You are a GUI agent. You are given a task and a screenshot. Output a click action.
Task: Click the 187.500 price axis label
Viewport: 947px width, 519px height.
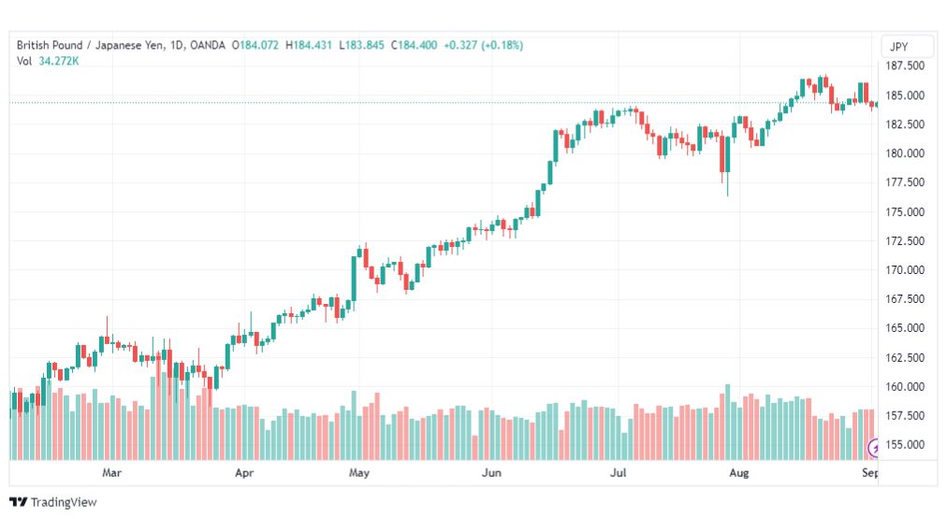pyautogui.click(x=905, y=65)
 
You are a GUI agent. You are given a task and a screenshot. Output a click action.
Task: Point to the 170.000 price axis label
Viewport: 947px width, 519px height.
pyautogui.click(x=905, y=269)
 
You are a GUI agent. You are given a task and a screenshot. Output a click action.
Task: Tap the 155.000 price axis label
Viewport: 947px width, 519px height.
pyautogui.click(x=905, y=445)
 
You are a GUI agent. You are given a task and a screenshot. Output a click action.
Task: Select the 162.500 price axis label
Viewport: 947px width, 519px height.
pyautogui.click(x=905, y=357)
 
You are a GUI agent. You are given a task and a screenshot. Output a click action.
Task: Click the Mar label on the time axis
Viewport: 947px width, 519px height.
pyautogui.click(x=111, y=472)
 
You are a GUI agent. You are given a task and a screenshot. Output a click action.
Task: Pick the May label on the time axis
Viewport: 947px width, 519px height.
pyautogui.click(x=359, y=472)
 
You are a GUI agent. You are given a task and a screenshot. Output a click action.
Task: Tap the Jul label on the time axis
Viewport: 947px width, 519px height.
pyautogui.click(x=618, y=472)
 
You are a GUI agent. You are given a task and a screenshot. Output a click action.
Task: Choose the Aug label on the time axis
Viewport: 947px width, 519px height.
pyautogui.click(x=738, y=472)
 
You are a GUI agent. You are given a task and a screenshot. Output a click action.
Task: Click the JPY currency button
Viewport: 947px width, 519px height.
pyautogui.click(x=899, y=47)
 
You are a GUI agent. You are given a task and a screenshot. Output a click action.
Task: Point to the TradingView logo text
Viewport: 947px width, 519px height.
pyautogui.click(x=64, y=502)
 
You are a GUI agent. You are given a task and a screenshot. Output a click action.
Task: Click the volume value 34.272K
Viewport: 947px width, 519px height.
pyautogui.click(x=59, y=61)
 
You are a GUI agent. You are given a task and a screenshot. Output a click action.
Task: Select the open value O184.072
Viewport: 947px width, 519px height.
pyautogui.click(x=255, y=45)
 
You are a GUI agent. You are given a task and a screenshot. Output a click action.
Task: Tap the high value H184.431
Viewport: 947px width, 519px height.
pyautogui.click(x=309, y=45)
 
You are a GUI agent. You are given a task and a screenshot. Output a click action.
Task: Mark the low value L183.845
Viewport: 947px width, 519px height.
pyautogui.click(x=361, y=45)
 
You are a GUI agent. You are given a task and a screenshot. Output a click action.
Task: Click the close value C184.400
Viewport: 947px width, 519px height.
pyautogui.click(x=414, y=45)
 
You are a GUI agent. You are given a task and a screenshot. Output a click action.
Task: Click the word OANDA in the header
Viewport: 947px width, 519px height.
pyautogui.click(x=207, y=45)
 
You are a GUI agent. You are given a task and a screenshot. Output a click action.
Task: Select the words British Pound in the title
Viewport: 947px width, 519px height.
pyautogui.click(x=50, y=45)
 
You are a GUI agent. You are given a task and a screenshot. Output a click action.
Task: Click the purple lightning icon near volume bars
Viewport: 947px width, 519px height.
pyautogui.click(x=874, y=448)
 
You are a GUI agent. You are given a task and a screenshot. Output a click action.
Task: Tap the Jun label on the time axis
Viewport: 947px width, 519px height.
pyautogui.click(x=491, y=472)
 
